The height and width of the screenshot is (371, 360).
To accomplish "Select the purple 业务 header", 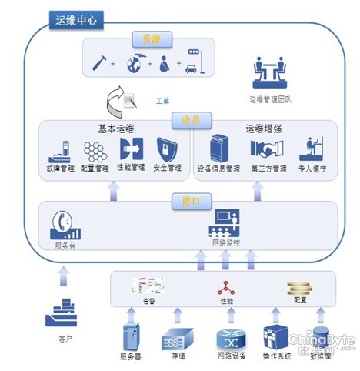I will pos(190,121).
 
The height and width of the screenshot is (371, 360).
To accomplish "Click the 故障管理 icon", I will pos(61,149).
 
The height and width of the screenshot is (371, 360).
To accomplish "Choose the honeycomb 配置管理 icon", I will pos(95,149).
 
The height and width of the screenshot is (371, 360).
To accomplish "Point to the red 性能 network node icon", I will pos(225,288).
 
